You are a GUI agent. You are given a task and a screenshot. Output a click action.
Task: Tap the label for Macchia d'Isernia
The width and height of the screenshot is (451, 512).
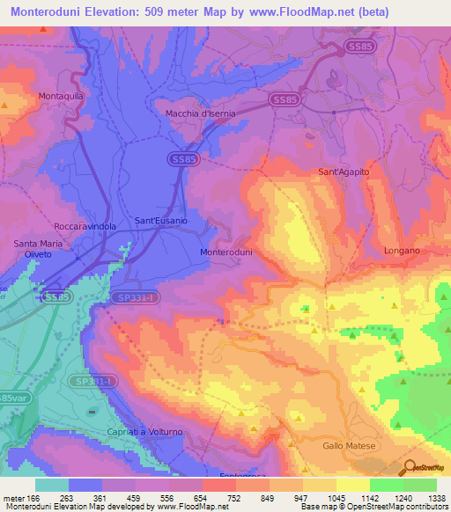[x=204, y=113]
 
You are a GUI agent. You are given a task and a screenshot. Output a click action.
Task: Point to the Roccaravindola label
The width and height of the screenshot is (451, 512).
[x=85, y=225]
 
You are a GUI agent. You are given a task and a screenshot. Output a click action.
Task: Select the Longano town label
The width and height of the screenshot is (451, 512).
[x=402, y=251]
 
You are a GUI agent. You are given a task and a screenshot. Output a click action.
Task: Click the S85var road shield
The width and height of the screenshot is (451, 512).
[x=9, y=397]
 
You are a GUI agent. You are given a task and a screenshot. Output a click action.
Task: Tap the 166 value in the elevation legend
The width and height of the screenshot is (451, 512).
[x=33, y=498]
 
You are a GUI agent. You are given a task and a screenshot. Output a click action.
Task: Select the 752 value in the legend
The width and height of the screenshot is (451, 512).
[x=214, y=498]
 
